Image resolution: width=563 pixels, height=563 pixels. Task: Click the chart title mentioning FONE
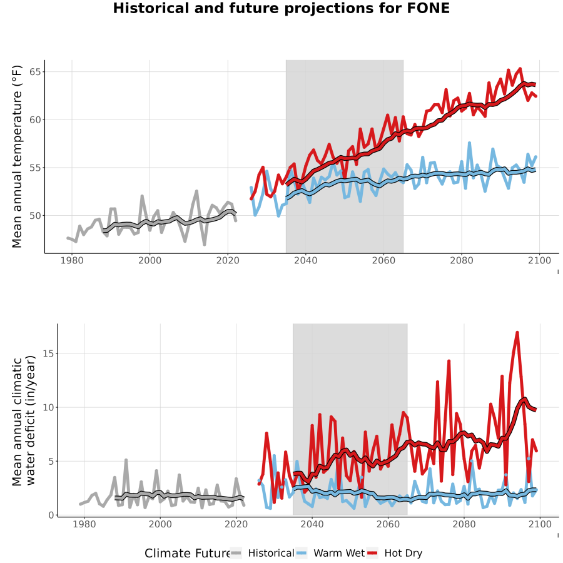point(281,8)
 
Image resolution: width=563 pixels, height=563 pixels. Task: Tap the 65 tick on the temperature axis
point(35,72)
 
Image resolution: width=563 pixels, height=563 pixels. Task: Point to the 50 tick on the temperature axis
point(35,215)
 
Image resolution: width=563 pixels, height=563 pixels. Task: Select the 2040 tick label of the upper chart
point(305,260)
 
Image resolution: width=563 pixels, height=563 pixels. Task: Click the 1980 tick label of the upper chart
point(72,260)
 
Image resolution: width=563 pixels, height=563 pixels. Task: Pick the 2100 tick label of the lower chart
point(540,524)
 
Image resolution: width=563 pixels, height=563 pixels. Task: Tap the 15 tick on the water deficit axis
point(48,353)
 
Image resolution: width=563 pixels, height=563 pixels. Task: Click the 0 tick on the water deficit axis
point(51,515)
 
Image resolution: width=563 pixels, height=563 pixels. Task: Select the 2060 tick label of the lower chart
point(388,524)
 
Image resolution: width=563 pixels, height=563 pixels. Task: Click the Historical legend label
point(271,553)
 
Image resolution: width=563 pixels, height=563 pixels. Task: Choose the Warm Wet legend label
point(339,553)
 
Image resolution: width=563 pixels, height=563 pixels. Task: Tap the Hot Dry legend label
point(403,553)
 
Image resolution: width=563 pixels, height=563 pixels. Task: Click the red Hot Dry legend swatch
point(372,554)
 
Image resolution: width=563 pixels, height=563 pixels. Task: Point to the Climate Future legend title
point(188,554)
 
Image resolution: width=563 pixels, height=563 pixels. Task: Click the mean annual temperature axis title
point(17,156)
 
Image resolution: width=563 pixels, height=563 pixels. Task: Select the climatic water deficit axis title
point(24,421)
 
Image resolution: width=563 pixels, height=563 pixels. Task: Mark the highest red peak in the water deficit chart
point(517,333)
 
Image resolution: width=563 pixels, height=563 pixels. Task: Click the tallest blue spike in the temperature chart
point(469,143)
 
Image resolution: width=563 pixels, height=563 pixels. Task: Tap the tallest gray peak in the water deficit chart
point(126,460)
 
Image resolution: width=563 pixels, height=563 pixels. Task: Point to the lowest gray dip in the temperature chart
point(205,245)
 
